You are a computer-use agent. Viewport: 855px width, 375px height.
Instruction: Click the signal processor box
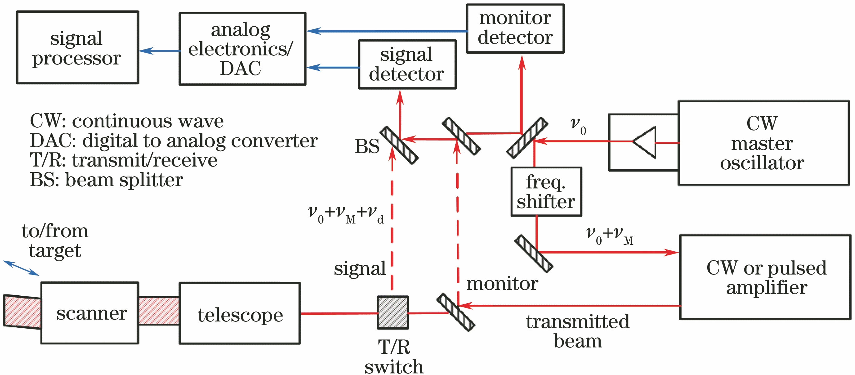pyautogui.click(x=77, y=48)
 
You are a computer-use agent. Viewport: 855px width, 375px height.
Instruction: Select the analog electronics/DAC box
pyautogui.click(x=242, y=49)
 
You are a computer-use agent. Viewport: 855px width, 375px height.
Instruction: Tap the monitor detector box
pyautogui.click(x=515, y=28)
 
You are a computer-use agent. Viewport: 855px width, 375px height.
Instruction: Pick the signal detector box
pyautogui.click(x=407, y=64)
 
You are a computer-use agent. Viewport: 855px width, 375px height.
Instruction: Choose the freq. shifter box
pyautogui.click(x=546, y=192)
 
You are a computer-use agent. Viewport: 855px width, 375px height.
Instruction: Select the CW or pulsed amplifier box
pyautogui.click(x=765, y=277)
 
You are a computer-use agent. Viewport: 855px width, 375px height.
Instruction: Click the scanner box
pyautogui.click(x=90, y=313)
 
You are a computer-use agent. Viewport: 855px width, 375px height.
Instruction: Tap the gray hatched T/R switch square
pyautogui.click(x=392, y=312)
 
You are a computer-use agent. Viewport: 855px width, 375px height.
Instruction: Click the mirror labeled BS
pyautogui.click(x=399, y=145)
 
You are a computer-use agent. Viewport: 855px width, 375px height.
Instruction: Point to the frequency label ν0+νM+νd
pyautogui.click(x=346, y=214)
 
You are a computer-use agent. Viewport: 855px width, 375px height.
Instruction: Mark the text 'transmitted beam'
pyautogui.click(x=577, y=331)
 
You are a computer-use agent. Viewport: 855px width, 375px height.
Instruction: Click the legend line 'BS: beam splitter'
pyautogui.click(x=106, y=180)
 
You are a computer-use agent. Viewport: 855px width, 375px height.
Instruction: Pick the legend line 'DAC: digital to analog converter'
pyautogui.click(x=173, y=141)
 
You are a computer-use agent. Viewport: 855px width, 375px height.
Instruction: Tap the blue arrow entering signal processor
pyautogui.click(x=160, y=51)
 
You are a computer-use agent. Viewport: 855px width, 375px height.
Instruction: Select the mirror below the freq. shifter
pyautogui.click(x=534, y=253)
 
